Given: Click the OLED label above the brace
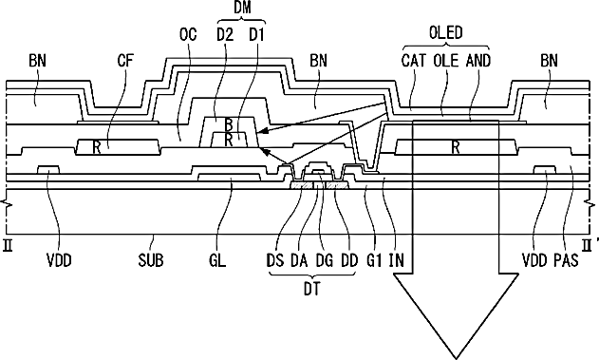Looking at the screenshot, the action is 446,33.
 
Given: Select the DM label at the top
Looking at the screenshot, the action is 242,8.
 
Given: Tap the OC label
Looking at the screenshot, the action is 188,35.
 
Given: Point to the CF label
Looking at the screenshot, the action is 125,61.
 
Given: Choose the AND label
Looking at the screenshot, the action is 477,61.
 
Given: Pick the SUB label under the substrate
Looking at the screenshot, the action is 151,260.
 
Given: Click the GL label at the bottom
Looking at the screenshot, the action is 217,260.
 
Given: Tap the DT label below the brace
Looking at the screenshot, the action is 312,290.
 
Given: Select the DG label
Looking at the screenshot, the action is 324,260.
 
